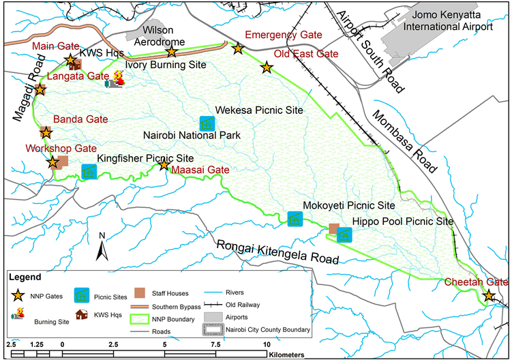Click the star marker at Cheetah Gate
(489, 296)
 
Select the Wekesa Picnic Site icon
(205, 123)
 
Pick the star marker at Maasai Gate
(164, 166)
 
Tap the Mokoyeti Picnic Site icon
(295, 219)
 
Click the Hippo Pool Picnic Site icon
(345, 236)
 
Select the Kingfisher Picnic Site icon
(89, 171)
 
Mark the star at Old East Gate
(266, 67)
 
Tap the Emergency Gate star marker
(237, 48)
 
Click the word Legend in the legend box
(26, 277)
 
